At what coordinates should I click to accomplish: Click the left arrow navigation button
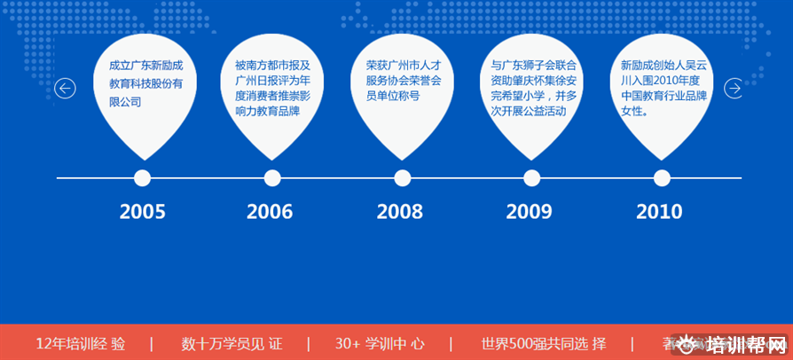tap(65, 89)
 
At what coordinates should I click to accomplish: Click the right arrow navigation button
tap(734, 89)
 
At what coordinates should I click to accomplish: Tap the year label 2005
tap(142, 212)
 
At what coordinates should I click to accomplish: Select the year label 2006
tap(270, 212)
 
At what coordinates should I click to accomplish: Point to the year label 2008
tap(399, 212)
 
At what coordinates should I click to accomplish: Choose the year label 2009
tap(529, 212)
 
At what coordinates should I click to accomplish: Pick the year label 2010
tap(659, 212)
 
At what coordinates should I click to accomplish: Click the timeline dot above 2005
tap(142, 178)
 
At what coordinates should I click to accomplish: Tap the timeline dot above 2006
tap(272, 178)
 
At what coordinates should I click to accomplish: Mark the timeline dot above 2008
tap(402, 178)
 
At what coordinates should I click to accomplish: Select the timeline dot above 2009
tap(531, 178)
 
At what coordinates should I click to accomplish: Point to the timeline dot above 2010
tap(662, 178)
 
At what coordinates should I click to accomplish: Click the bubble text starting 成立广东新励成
tap(145, 83)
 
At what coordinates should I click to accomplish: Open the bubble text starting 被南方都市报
tap(272, 89)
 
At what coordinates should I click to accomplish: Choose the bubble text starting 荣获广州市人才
tap(404, 80)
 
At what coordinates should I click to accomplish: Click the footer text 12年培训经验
tap(81, 343)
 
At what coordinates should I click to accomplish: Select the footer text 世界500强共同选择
tap(544, 343)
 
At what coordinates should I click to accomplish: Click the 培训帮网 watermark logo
tap(740, 344)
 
